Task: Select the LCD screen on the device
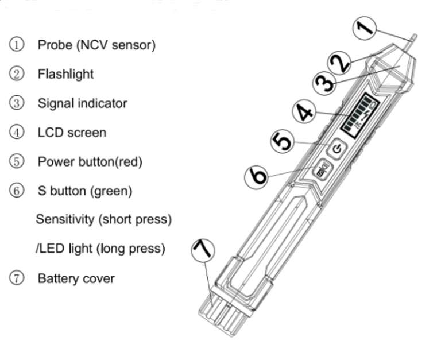[358, 114]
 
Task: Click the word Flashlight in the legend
[65, 74]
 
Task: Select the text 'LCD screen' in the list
[72, 133]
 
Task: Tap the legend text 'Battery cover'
[76, 279]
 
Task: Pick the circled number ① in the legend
[17, 44]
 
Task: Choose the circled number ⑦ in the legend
[17, 279]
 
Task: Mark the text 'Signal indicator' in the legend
[82, 103]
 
